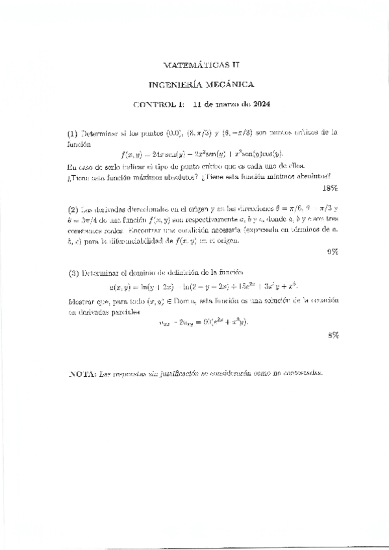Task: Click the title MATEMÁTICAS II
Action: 195,65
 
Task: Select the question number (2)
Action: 73,209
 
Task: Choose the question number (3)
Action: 73,272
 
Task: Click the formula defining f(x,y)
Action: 203,154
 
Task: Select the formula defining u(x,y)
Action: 203,287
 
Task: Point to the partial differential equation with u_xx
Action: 203,322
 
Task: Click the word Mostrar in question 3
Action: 82,302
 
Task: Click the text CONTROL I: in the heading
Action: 159,104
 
